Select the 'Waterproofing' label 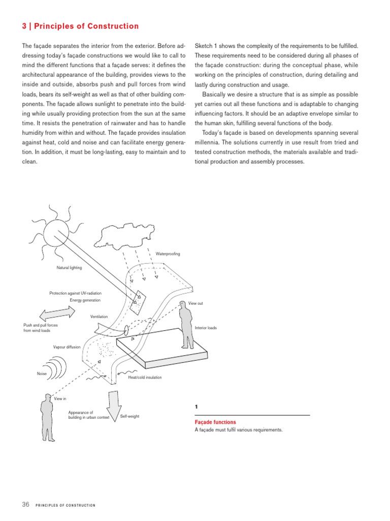[x=168, y=253]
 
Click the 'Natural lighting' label [x=69, y=267]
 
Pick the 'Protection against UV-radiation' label [x=75, y=293]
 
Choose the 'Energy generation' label [x=85, y=300]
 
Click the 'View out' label [x=196, y=303]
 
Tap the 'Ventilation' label [x=99, y=316]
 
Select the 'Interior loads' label [x=206, y=328]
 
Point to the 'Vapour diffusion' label [x=67, y=347]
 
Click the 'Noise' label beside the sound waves [x=42, y=374]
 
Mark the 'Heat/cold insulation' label [x=145, y=378]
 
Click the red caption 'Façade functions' [x=215, y=422]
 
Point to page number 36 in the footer [x=26, y=504]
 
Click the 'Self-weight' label [x=129, y=417]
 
